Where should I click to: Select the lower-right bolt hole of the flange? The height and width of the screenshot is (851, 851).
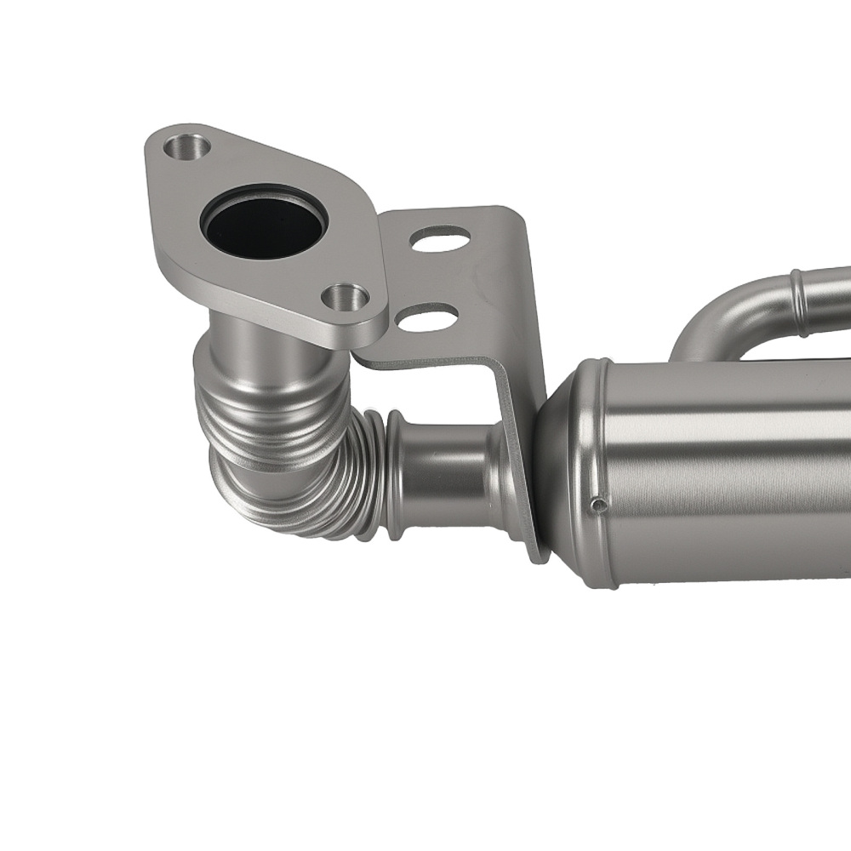tap(346, 298)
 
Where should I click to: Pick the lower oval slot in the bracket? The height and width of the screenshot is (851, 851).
tap(426, 318)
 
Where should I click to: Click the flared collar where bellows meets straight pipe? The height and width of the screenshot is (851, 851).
tap(393, 477)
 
